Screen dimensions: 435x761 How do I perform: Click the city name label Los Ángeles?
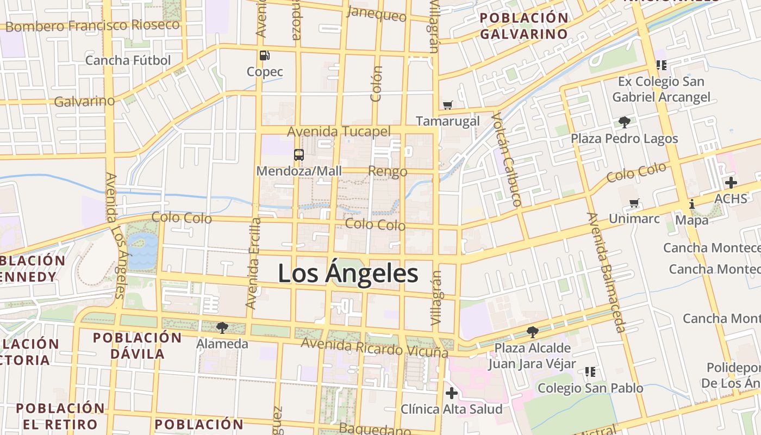348,274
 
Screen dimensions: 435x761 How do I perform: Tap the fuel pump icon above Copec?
265,55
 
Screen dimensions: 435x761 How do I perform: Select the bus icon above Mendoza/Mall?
299,154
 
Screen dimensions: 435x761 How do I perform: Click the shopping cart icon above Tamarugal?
448,105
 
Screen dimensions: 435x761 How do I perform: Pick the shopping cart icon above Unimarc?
634,203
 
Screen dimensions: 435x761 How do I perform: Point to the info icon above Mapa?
692,204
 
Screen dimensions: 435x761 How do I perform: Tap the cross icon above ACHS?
731,183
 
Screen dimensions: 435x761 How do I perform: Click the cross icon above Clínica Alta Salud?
451,393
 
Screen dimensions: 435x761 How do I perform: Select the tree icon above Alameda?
222,327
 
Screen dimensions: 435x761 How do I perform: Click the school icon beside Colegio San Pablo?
590,372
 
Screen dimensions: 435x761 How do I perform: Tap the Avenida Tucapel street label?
339,132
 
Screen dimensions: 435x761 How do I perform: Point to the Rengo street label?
388,171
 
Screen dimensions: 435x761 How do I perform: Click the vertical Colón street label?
376,84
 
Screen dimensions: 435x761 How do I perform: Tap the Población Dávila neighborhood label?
138,345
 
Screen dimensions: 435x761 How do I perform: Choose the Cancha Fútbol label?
128,60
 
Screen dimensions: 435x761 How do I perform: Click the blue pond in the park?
142,250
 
